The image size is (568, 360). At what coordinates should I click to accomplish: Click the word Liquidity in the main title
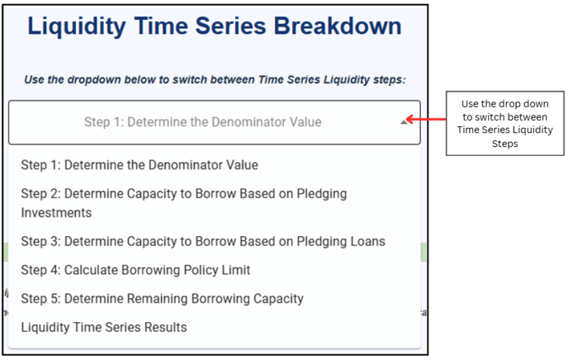click(77, 26)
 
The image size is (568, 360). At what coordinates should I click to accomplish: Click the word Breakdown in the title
click(337, 26)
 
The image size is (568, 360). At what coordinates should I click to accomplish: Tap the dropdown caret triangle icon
click(404, 122)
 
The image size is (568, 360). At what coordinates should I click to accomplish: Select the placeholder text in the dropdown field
click(203, 122)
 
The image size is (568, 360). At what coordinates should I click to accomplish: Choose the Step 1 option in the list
click(140, 165)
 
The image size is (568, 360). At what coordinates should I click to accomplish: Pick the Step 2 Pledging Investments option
click(183, 203)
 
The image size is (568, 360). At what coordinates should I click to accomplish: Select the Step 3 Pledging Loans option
click(203, 242)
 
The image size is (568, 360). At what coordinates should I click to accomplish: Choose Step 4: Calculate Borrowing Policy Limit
click(135, 270)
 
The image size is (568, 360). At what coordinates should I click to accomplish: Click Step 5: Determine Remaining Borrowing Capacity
click(163, 299)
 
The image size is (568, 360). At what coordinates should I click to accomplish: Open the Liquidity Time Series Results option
click(104, 328)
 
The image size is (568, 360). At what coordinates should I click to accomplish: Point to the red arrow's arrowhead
click(409, 119)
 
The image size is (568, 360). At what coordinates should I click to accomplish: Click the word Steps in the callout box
click(504, 144)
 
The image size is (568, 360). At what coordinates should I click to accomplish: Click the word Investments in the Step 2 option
click(56, 212)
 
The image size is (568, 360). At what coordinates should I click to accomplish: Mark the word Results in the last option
click(166, 328)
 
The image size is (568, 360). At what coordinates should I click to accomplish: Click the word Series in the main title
click(231, 26)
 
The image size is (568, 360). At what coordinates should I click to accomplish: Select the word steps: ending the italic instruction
click(390, 80)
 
